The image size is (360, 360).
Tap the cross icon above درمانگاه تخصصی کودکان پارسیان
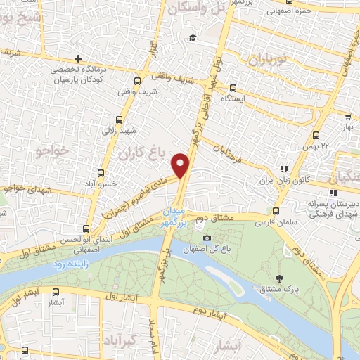coord(78,58)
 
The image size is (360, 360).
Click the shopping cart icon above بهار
coord(347,118)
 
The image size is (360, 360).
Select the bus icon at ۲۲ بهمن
coord(316,135)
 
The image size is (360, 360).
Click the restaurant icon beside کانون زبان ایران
coord(284,169)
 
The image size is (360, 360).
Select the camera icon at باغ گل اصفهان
coord(206,238)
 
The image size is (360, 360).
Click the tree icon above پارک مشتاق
coord(281,278)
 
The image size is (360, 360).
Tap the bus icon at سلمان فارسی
coord(275,210)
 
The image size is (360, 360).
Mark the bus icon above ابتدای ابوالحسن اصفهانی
coord(86,229)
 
